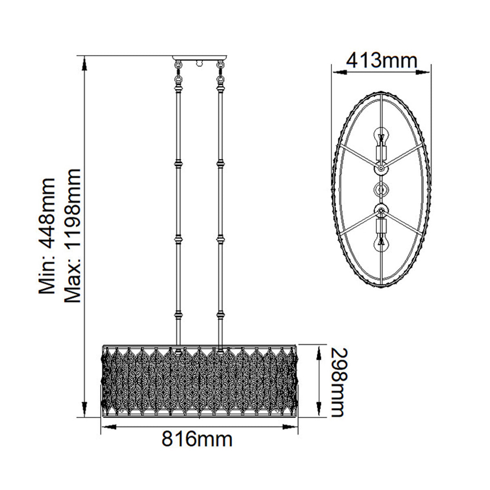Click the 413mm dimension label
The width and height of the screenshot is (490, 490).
click(382, 61)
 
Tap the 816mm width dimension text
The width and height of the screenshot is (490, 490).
click(197, 446)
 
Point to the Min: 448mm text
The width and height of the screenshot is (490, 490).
click(47, 236)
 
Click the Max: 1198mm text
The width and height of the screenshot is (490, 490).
click(72, 236)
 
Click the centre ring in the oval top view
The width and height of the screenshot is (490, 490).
click(381, 189)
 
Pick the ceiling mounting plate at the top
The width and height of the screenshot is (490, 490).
click(200, 58)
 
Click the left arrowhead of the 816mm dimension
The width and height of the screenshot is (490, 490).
click(109, 427)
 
